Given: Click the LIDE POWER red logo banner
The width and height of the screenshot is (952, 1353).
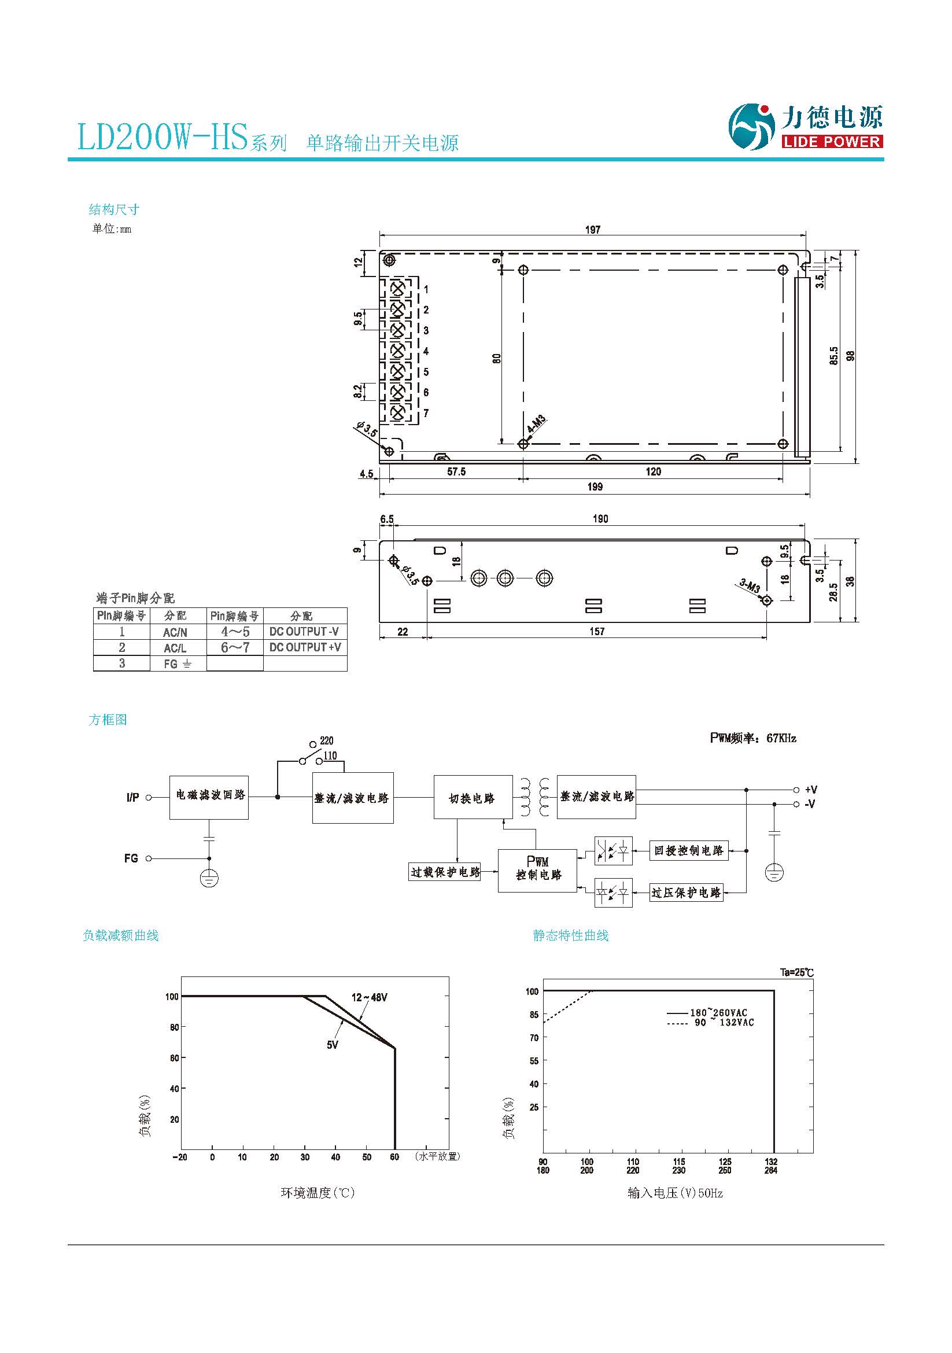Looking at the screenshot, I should pos(832,141).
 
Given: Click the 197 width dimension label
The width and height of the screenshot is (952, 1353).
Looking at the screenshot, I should pos(593,230).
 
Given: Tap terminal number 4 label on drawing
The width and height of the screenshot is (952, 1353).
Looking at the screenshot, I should pos(426,351).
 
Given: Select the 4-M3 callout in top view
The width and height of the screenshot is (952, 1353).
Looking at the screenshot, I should pos(536,424).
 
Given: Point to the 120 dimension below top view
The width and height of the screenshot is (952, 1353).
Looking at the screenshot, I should pos(653,471).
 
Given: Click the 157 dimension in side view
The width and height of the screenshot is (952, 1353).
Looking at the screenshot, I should pos(597,632).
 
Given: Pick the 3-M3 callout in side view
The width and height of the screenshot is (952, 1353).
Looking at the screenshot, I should pos(750,586).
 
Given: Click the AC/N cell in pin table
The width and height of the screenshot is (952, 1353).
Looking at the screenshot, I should pos(175,632).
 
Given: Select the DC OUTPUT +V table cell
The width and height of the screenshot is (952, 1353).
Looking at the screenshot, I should pos(305,647).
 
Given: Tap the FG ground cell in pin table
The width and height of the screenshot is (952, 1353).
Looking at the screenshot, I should pos(178,663).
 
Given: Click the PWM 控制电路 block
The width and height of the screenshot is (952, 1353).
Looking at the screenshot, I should pos(537,870).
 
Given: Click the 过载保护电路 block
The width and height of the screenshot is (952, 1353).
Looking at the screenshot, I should pos(445,872).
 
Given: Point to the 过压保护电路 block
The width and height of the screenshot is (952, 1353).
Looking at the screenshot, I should pos(686,893).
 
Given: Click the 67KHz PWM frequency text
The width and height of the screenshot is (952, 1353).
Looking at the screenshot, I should pos(781,738).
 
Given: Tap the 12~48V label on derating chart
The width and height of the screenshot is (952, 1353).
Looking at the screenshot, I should pos(370,997).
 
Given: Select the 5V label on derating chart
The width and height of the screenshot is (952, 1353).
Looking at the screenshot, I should pos(332,1045).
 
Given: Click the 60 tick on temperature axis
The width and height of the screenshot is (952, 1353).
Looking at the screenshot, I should pos(394,1157).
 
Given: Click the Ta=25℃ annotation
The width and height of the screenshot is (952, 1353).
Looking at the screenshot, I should pos(796,972).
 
